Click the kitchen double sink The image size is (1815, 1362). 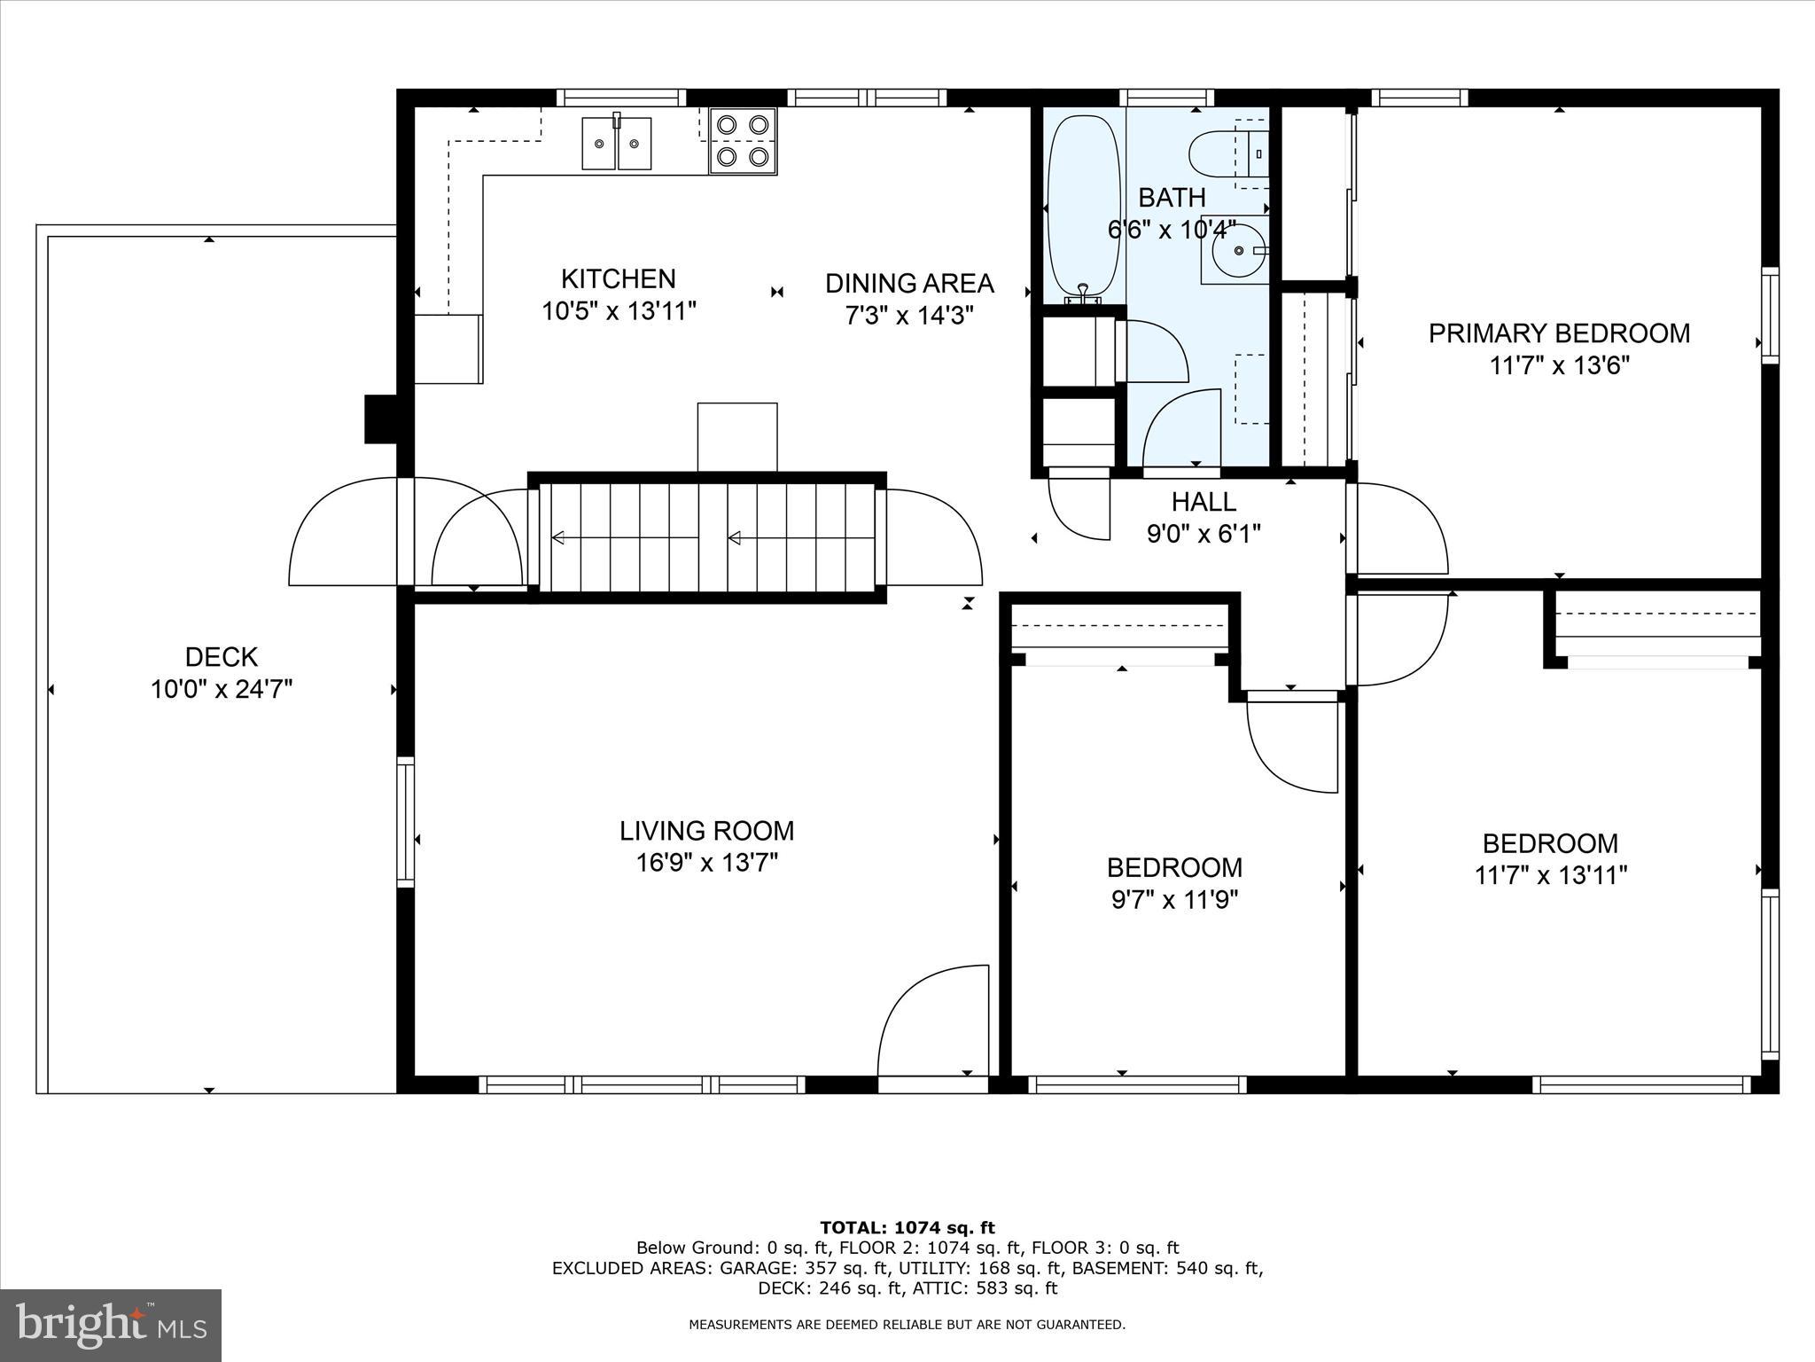tap(617, 143)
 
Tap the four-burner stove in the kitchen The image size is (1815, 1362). tap(743, 141)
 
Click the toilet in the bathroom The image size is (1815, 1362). tap(1218, 153)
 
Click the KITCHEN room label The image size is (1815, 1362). tap(618, 279)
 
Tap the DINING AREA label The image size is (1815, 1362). tap(909, 284)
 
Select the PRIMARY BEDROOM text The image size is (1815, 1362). tap(1558, 333)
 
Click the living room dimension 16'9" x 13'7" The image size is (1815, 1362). tap(706, 863)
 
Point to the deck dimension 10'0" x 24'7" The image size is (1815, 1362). tap(222, 689)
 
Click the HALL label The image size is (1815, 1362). tap(1204, 502)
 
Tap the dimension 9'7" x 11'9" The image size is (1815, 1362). tap(1174, 900)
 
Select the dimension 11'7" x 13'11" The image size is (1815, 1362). tap(1550, 876)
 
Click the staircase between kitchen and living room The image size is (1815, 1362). tap(707, 537)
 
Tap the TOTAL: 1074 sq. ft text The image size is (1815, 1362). tap(907, 1228)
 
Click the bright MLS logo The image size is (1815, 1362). tap(111, 1326)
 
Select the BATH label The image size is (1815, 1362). tap(1171, 197)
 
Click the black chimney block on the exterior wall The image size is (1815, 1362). tap(380, 419)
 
